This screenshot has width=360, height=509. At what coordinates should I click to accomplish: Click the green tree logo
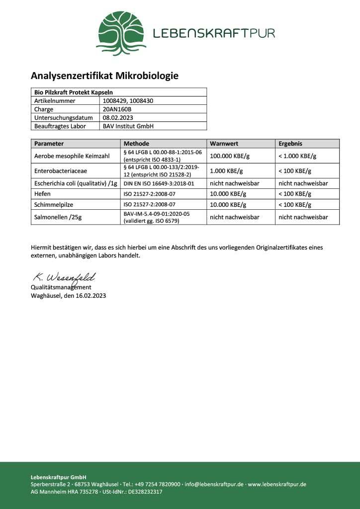click(121, 33)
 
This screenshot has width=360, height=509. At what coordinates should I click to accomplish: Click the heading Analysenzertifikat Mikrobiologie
click(104, 76)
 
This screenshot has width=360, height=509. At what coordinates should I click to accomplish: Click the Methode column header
click(136, 144)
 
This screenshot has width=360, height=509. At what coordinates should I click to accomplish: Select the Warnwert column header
click(224, 144)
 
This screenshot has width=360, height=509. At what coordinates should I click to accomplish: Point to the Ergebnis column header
click(290, 144)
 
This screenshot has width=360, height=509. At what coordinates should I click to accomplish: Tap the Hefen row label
click(42, 194)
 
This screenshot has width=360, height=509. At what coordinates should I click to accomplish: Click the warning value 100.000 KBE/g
click(230, 156)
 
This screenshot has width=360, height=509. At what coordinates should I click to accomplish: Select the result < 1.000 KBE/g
click(297, 156)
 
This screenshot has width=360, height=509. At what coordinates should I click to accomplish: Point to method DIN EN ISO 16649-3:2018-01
click(159, 183)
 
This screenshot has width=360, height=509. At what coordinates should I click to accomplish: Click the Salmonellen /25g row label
click(58, 217)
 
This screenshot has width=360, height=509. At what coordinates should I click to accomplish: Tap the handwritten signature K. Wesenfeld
click(64, 277)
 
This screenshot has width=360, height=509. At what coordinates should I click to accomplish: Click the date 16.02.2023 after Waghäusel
click(90, 295)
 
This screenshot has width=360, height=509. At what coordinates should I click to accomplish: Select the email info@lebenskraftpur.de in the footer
click(213, 484)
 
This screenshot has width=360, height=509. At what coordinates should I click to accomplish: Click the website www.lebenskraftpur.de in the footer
click(277, 484)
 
